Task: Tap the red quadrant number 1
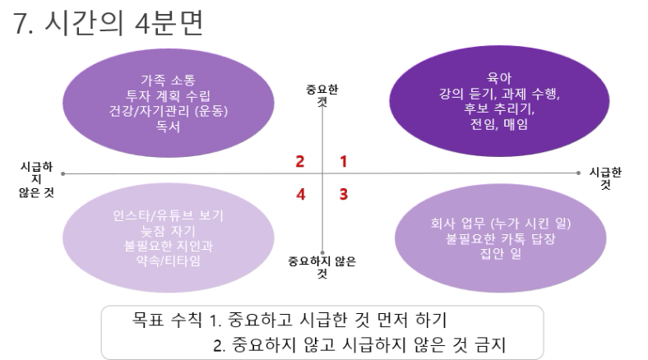[x=343, y=161]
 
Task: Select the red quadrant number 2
[x=300, y=161]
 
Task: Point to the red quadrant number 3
[x=344, y=194]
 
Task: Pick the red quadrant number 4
[x=301, y=194]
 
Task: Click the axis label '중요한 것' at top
[x=322, y=95]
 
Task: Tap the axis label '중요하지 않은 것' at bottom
[x=322, y=267]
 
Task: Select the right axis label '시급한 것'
[x=605, y=178]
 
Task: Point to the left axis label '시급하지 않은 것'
[x=36, y=179]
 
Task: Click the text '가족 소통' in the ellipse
[x=168, y=80]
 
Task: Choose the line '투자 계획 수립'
[x=168, y=95]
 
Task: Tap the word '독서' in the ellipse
[x=168, y=126]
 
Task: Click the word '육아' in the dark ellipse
[x=499, y=77]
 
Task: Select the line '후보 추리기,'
[x=499, y=108]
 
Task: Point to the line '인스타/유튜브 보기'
[x=168, y=215]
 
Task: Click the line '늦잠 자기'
[x=168, y=231]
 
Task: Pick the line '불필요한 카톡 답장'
[x=501, y=238]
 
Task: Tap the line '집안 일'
[x=501, y=253]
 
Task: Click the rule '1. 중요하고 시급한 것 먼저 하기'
[x=329, y=320]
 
